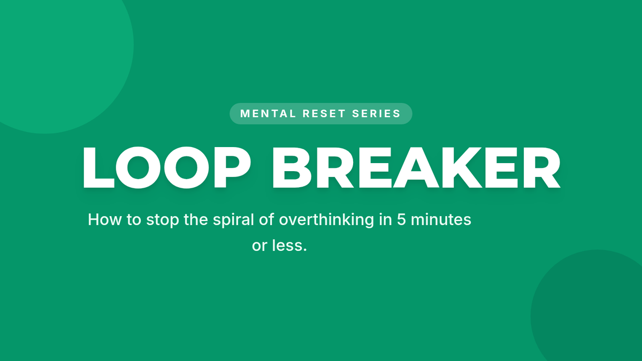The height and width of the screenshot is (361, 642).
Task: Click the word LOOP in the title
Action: pos(167,167)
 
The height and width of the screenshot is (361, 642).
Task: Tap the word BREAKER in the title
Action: pos(416,167)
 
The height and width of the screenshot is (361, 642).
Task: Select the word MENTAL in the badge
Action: pos(268,114)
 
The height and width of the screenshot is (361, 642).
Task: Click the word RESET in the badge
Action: pos(324,114)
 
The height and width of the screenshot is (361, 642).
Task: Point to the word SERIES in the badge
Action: pos(376,114)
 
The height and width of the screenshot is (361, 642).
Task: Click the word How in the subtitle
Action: pos(105,220)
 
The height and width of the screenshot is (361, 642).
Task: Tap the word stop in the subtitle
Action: pos(163,220)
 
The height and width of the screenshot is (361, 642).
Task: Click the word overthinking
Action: pos(326,220)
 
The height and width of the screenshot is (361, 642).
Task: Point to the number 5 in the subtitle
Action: pos(401,220)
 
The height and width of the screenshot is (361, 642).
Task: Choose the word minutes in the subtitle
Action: pos(441,220)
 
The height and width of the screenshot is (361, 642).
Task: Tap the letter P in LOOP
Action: pos(232,167)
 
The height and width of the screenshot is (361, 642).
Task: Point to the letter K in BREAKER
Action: pos(458,167)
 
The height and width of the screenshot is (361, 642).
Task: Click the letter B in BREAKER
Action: pos(292,167)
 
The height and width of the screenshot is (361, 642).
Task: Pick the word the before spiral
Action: pos(196,220)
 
